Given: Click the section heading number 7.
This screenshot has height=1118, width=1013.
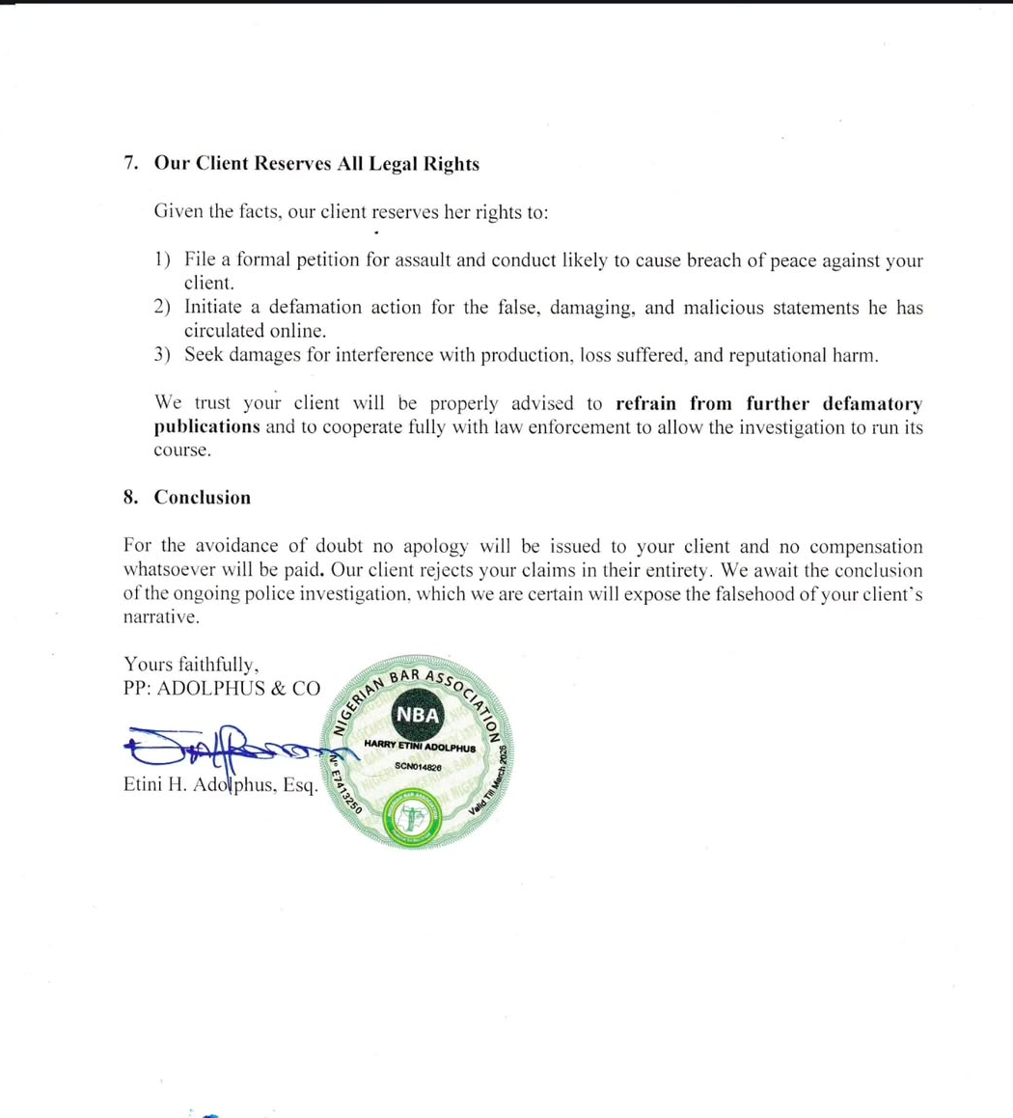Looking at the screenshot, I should pos(130,164).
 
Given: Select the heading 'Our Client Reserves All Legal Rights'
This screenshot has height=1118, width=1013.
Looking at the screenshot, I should pos(316,164).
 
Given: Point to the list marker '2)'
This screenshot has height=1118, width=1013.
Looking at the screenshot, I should pos(162,308).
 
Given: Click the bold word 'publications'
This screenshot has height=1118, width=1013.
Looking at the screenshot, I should pos(206,426).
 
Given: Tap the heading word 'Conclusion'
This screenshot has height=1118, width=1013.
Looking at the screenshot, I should pos(203,498).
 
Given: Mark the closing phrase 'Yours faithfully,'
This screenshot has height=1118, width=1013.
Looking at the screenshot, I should pos(191,664).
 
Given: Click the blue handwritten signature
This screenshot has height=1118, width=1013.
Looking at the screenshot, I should pos(232,746).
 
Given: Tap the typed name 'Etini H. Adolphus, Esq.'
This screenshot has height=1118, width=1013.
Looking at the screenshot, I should pos(221,785).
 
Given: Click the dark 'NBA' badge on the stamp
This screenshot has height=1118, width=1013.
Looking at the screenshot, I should pos(418,715).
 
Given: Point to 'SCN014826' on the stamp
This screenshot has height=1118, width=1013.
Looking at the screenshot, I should pos(418,766).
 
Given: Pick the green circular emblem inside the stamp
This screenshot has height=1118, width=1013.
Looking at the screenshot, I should pos(412,815).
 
